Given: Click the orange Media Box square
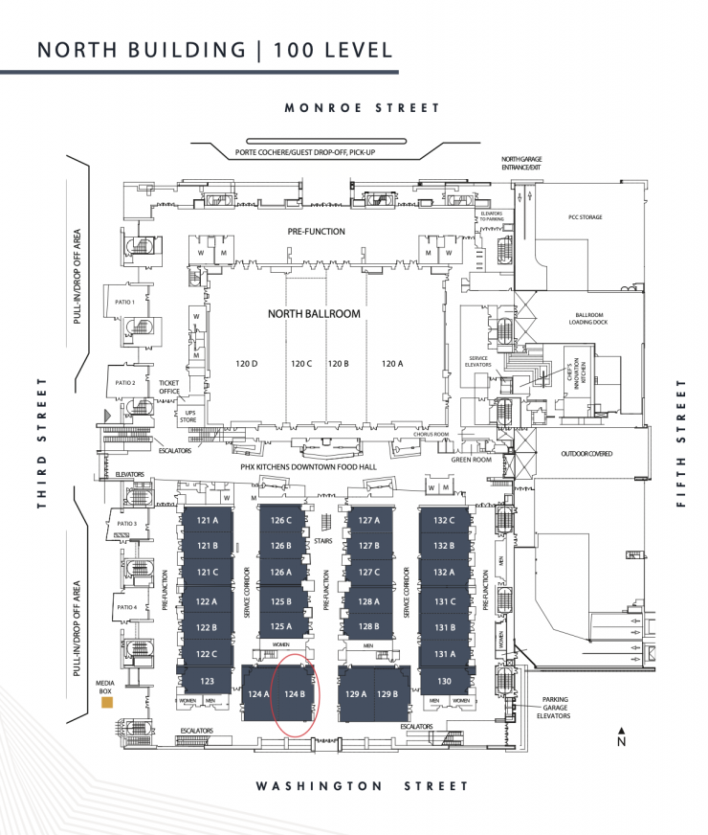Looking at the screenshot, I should tap(107, 703).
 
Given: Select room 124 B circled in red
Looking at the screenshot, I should tap(295, 694).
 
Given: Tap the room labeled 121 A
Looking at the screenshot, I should tap(208, 520).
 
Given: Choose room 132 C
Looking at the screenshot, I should tap(444, 520).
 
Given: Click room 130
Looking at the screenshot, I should tap(444, 681).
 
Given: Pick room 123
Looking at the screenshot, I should tap(208, 681).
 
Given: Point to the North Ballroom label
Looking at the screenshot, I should tap(314, 313).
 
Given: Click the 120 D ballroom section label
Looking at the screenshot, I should tap(247, 364).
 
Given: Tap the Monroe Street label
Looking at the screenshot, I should tap(363, 108).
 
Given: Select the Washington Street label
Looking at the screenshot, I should tap(362, 786).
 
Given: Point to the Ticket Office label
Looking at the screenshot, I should tap(168, 387).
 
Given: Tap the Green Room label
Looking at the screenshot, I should tap(472, 460).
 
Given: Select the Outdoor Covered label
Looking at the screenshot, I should tap(587, 453).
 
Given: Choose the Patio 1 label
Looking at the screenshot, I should tap(125, 302).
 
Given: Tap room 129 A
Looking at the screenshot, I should tap(357, 693).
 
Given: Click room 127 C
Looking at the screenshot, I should tap(369, 573).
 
